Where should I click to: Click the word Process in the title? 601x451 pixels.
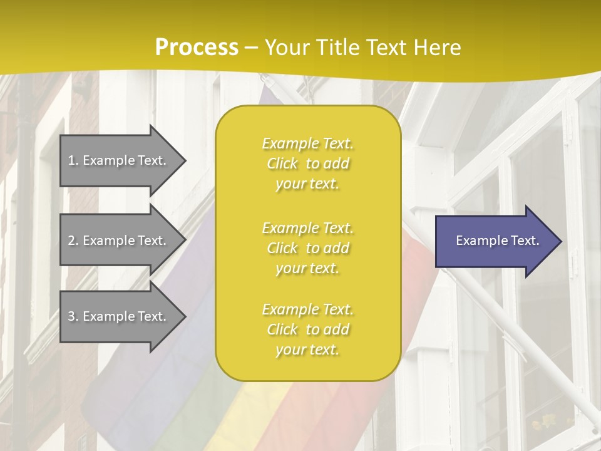197,48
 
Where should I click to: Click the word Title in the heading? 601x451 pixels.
338,48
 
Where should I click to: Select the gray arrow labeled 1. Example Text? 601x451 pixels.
119,160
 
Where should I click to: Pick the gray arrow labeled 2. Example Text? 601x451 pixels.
119,241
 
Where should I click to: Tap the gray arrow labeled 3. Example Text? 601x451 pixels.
119,316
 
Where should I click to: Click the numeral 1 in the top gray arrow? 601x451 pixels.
71,160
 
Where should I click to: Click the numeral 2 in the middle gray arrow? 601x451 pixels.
71,241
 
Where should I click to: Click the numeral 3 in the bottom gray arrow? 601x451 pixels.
71,316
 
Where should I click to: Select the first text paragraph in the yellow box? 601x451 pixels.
307,163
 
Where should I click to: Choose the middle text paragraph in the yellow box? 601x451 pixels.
307,248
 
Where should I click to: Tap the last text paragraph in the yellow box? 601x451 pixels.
307,329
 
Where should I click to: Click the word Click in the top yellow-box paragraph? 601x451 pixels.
282,163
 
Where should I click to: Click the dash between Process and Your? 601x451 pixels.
251,48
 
